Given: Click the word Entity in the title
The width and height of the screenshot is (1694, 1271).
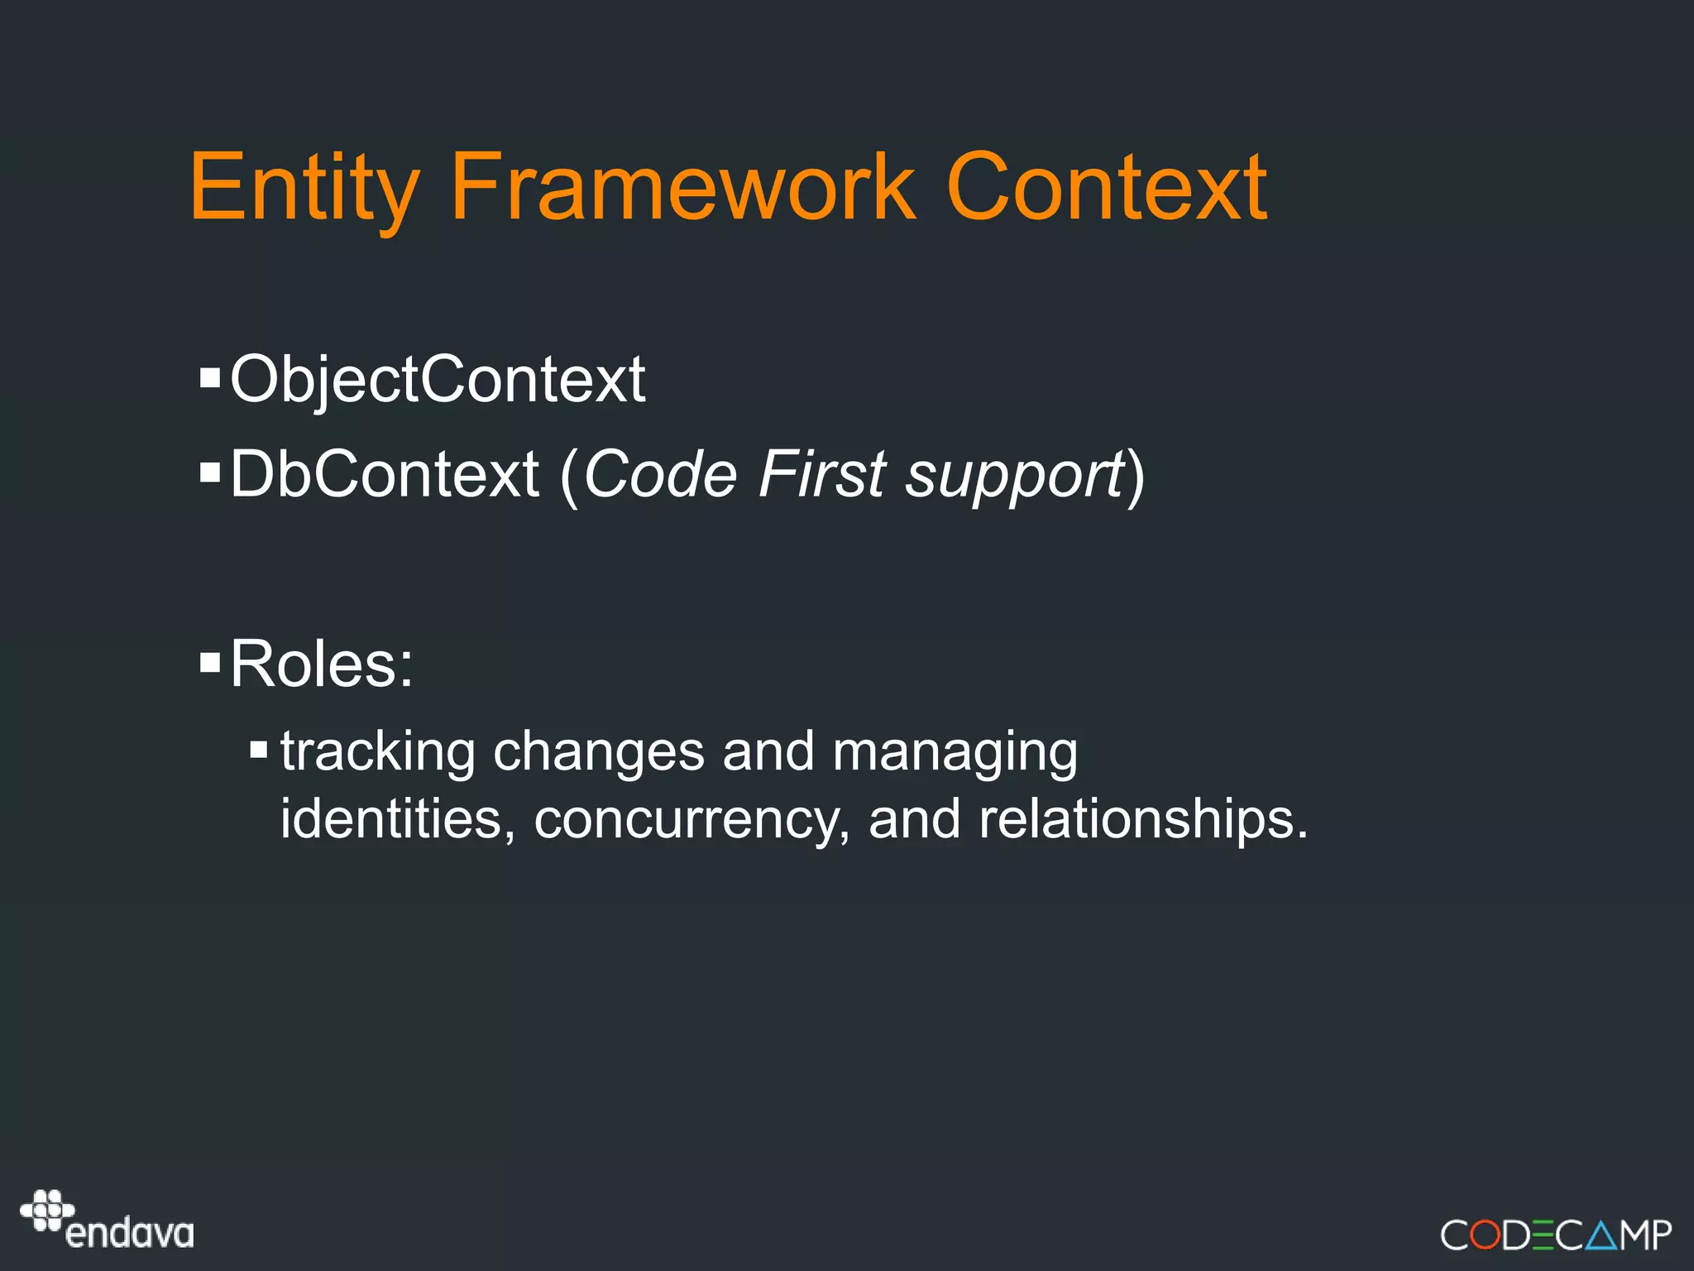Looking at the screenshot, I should point(304,189).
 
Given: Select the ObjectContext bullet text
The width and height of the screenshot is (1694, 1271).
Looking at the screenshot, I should point(438,380).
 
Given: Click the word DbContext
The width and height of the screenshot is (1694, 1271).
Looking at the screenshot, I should point(385,474).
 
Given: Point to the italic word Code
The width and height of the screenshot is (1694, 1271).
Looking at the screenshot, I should point(660,474).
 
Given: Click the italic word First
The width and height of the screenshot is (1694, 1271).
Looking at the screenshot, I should point(822,474).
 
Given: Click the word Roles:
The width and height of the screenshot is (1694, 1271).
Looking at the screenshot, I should point(322,664).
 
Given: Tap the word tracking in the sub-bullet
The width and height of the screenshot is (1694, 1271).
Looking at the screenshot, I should point(377,752).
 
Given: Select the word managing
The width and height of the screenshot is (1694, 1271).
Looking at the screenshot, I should point(955,754).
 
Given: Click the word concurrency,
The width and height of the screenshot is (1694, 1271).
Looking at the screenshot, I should point(692,820).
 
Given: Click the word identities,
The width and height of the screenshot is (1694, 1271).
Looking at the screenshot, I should point(398,818).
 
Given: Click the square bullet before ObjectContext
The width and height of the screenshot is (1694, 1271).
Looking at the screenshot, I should point(210,378).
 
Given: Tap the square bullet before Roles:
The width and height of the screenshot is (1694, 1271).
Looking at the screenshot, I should point(210,662).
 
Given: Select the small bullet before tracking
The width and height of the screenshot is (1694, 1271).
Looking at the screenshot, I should point(259,750).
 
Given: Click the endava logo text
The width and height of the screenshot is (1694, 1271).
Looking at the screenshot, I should point(130,1234).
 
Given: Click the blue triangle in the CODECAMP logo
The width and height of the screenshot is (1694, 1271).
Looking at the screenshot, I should point(1601,1236).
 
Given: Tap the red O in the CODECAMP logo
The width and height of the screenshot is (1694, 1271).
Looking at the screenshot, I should point(1486,1235).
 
